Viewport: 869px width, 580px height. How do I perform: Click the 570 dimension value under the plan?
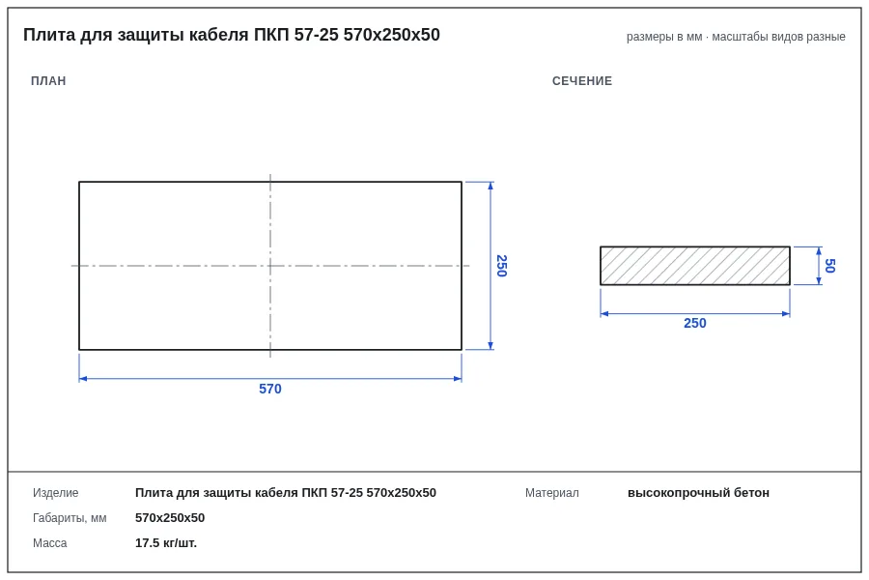[270, 389]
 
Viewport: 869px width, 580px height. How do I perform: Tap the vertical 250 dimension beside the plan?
[501, 266]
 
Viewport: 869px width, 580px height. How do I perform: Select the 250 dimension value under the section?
[695, 323]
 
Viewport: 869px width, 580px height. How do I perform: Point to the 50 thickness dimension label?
[829, 266]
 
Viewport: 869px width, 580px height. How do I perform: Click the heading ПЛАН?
[48, 81]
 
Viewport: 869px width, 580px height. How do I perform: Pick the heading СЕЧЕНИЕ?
[582, 81]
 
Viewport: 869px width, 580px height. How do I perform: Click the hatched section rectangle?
[695, 266]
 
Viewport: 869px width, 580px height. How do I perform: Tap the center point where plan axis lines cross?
[270, 266]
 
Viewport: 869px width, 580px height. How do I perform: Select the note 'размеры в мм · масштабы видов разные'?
[736, 37]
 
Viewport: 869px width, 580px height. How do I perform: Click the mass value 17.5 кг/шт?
[166, 543]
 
